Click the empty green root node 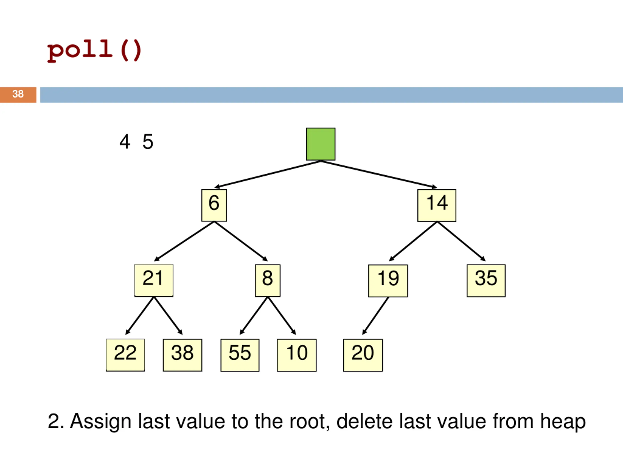coord(321,144)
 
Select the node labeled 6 coord(214,205)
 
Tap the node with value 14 coord(437,205)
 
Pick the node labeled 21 coord(154,280)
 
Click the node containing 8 coord(267,280)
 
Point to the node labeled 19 coord(388,281)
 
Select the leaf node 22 coord(125,355)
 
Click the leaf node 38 coord(182,355)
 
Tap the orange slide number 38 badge coord(18,95)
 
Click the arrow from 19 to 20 coord(375,316)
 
